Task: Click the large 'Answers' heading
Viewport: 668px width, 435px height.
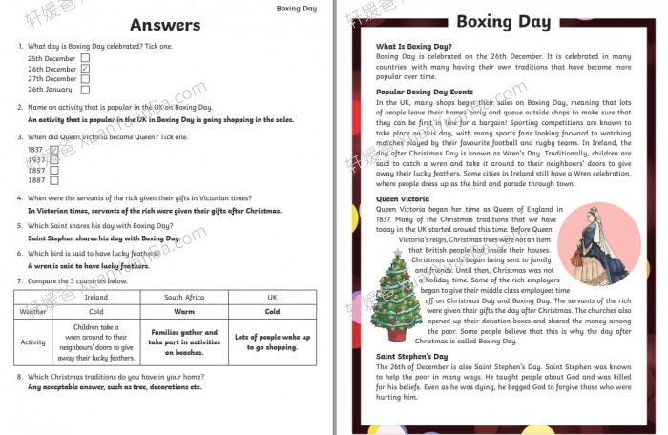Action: (x=165, y=25)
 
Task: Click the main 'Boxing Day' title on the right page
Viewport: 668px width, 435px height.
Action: (x=501, y=22)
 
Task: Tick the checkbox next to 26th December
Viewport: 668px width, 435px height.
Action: (x=85, y=69)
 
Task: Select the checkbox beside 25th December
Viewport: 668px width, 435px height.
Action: (x=85, y=58)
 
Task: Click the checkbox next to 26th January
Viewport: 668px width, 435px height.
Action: (x=85, y=90)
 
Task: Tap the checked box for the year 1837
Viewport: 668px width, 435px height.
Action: (x=54, y=150)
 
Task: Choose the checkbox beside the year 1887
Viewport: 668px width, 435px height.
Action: (x=54, y=180)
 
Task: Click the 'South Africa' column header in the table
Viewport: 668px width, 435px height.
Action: (x=184, y=297)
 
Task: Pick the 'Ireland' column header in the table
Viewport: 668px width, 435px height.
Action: (x=96, y=297)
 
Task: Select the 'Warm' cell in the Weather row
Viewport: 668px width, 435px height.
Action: (x=184, y=311)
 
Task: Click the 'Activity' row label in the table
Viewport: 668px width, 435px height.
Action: (x=33, y=342)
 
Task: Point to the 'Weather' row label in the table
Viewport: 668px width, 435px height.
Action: (x=33, y=311)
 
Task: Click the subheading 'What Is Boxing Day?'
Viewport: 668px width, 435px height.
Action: (x=413, y=46)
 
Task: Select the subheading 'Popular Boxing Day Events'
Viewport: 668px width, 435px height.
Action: (x=426, y=93)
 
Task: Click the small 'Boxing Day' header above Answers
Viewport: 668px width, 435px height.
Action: (x=297, y=8)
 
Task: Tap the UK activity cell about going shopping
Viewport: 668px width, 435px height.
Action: (x=272, y=342)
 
